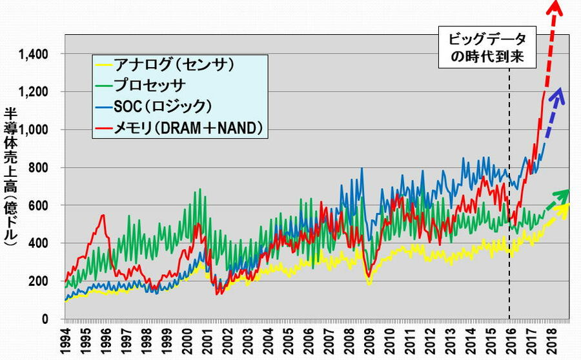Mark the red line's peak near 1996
coord(103,215)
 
